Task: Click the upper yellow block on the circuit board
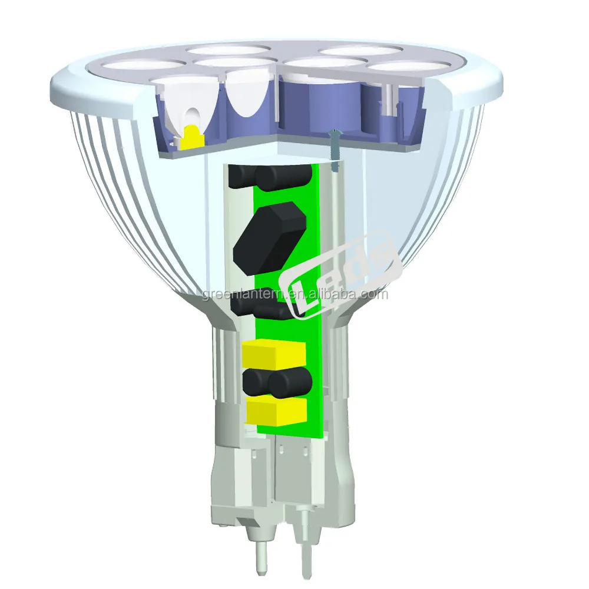[x=273, y=353]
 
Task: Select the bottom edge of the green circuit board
[x=292, y=435]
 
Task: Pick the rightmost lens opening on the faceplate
[x=409, y=67]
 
